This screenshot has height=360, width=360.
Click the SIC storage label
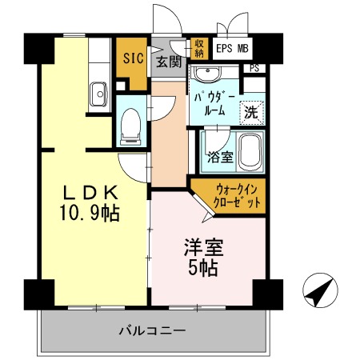[133, 57]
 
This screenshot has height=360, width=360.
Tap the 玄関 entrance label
[167, 62]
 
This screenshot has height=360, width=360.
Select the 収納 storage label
[199, 48]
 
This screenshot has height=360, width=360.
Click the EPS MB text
[231, 48]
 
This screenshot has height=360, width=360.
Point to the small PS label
[254, 69]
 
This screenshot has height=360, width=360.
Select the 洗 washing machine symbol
[251, 113]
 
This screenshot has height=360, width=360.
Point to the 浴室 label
[220, 157]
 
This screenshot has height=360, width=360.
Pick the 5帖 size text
[203, 269]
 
